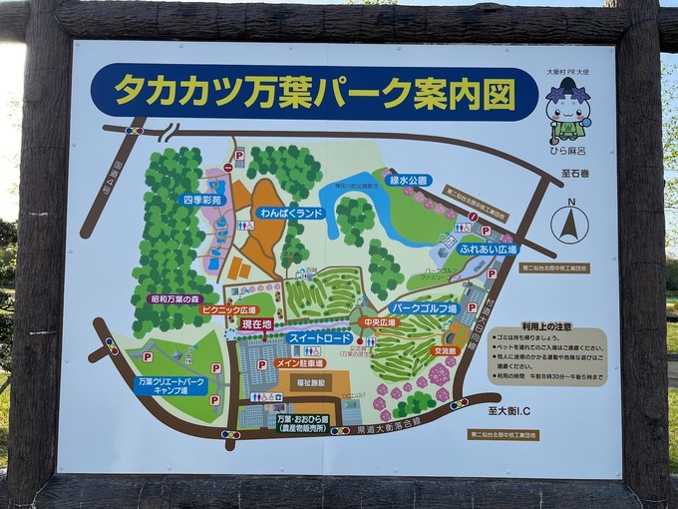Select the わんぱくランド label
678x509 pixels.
click(290, 214)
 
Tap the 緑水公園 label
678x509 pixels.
click(408, 181)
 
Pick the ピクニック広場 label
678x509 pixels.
click(229, 310)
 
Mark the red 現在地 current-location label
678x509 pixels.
click(256, 324)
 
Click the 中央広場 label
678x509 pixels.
click(380, 323)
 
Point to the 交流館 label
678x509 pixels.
click(445, 351)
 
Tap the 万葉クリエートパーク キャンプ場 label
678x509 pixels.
click(171, 385)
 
